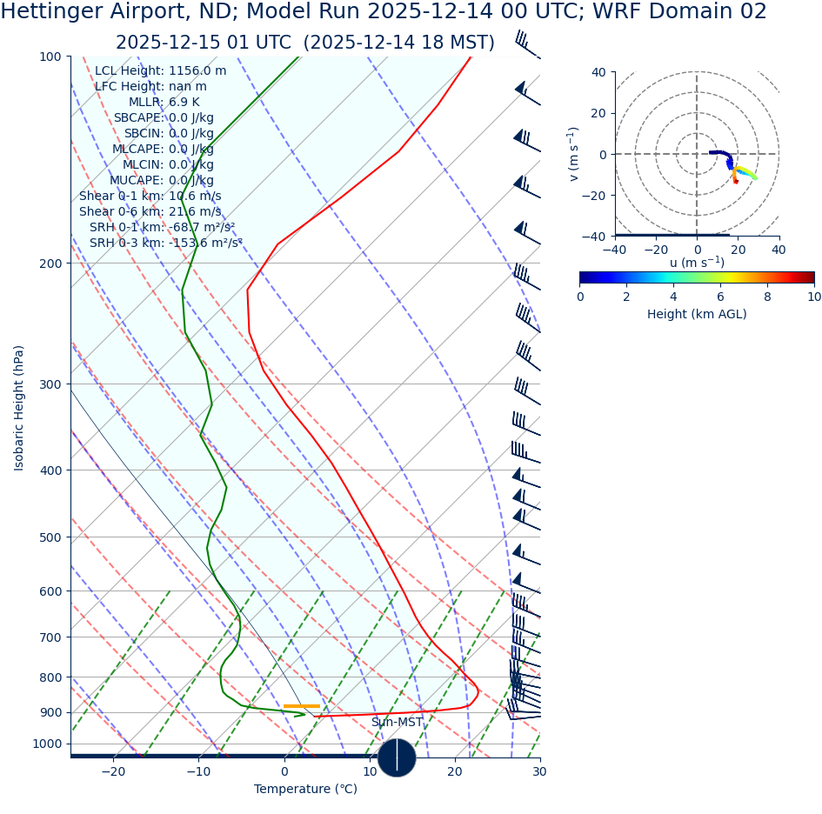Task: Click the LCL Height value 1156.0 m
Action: tap(197, 71)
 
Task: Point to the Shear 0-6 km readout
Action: tap(150, 211)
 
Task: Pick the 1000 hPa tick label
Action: tap(47, 744)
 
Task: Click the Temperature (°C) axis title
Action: tap(305, 790)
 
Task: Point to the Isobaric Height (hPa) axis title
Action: tap(20, 408)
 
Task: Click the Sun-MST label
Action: tap(397, 723)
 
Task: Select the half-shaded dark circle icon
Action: tap(397, 757)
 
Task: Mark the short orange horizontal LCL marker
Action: tap(302, 706)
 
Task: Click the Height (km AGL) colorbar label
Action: tap(697, 314)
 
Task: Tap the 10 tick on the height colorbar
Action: tap(813, 297)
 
